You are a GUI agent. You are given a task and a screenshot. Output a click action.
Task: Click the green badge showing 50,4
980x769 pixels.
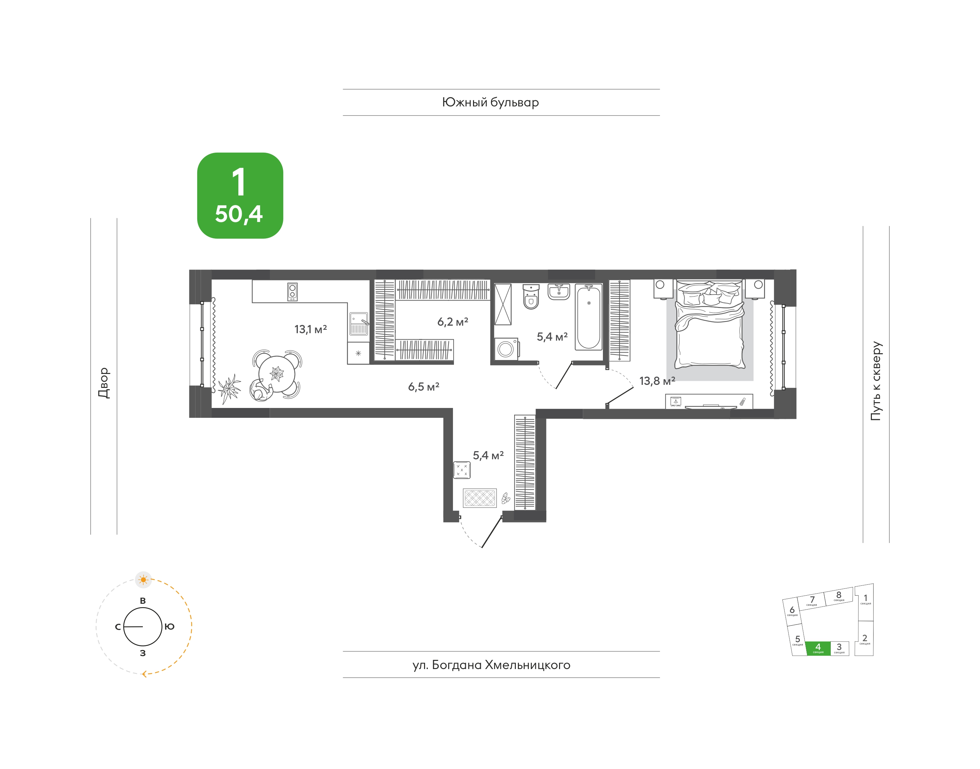pyautogui.click(x=240, y=195)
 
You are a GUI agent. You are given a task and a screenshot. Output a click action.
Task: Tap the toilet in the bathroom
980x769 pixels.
pyautogui.click(x=531, y=296)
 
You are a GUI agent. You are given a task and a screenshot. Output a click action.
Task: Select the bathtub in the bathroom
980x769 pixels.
pyautogui.click(x=588, y=317)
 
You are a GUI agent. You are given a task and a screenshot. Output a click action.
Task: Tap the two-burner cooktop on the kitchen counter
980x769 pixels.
pyautogui.click(x=292, y=292)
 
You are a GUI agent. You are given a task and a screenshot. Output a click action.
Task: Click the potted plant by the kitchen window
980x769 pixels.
pyautogui.click(x=229, y=389)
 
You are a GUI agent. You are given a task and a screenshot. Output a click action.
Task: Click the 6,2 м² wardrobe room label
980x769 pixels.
pyautogui.click(x=453, y=322)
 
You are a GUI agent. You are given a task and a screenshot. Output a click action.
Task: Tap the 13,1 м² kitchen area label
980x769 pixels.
pyautogui.click(x=310, y=329)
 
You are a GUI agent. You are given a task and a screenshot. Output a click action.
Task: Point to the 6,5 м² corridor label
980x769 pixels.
pyautogui.click(x=423, y=386)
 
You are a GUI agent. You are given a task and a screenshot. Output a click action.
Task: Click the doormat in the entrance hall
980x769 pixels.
pyautogui.click(x=480, y=498)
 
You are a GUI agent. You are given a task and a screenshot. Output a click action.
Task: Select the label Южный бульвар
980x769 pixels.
pyautogui.click(x=490, y=103)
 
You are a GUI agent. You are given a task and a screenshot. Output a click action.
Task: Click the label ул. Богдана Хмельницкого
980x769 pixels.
pyautogui.click(x=491, y=665)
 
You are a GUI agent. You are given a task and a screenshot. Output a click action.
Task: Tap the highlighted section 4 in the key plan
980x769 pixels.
pyautogui.click(x=818, y=648)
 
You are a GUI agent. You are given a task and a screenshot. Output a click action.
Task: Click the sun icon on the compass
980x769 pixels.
pyautogui.click(x=143, y=579)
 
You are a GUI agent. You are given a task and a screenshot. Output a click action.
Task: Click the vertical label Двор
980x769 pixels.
pyautogui.click(x=104, y=383)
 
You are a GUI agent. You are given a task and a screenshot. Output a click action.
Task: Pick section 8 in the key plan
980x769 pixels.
pyautogui.click(x=839, y=596)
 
